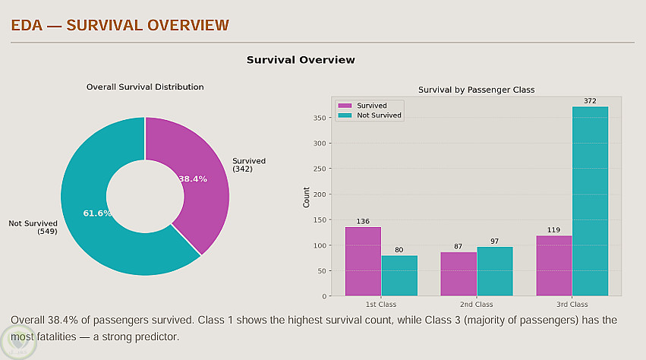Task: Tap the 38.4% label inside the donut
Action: [193, 178]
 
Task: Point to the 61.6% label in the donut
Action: [97, 213]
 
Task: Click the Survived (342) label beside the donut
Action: [249, 164]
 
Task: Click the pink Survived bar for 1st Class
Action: [363, 261]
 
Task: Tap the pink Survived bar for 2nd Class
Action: [459, 273]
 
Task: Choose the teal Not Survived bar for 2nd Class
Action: [495, 271]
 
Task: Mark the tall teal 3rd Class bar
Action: [590, 201]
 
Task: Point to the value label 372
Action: [590, 101]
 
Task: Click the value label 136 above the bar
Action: [363, 222]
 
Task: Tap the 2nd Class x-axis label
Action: [477, 305]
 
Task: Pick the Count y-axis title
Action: [307, 196]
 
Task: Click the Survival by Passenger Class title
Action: [476, 90]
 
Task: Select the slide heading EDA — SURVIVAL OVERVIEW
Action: [120, 25]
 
